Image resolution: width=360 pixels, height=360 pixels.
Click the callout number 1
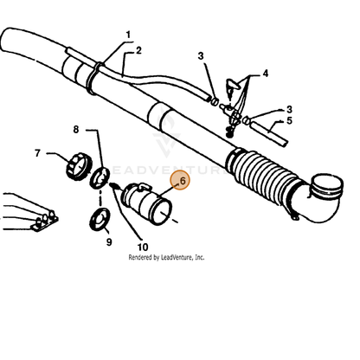[x=128, y=35]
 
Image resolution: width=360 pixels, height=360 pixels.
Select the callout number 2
[x=138, y=50]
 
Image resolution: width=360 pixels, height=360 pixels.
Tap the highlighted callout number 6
[x=183, y=181]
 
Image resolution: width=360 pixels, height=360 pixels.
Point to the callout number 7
[x=37, y=153]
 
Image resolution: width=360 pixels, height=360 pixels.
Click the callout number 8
[x=76, y=130]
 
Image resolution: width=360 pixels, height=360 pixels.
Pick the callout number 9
[x=109, y=241]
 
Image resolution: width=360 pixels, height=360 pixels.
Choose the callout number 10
[x=143, y=247]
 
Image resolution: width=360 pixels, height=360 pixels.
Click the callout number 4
[x=266, y=74]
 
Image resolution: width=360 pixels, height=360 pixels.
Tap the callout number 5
[x=289, y=120]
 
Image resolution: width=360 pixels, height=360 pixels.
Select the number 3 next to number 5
[x=289, y=109]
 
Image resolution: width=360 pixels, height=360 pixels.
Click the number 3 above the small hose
[x=201, y=55]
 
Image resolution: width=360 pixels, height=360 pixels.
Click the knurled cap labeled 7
[x=79, y=167]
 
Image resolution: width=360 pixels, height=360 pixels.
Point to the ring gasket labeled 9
[x=100, y=219]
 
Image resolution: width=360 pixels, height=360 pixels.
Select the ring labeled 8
[x=100, y=177]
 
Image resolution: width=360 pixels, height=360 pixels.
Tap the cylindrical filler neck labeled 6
[x=146, y=203]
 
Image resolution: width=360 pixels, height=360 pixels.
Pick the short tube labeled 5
[x=268, y=133]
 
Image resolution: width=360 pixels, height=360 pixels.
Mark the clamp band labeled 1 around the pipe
[x=93, y=78]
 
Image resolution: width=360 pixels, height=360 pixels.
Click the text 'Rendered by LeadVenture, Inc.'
[x=166, y=257]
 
